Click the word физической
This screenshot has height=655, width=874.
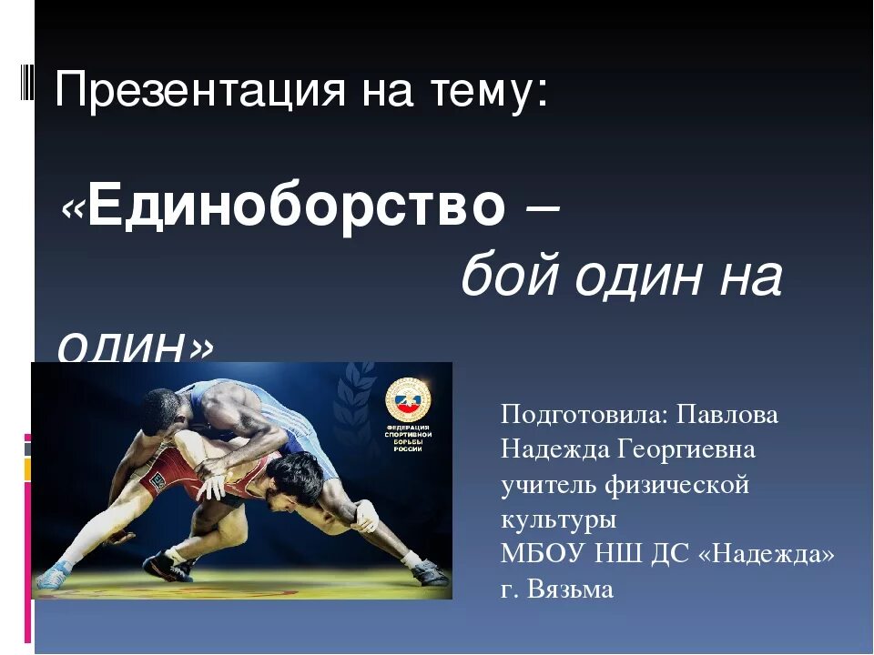pos(678,485)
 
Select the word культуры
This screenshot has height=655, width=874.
pos(558,519)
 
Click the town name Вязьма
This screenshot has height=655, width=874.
pos(571,589)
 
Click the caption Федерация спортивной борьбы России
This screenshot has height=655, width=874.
pos(409,437)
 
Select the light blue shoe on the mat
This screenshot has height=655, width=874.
pos(55,571)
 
